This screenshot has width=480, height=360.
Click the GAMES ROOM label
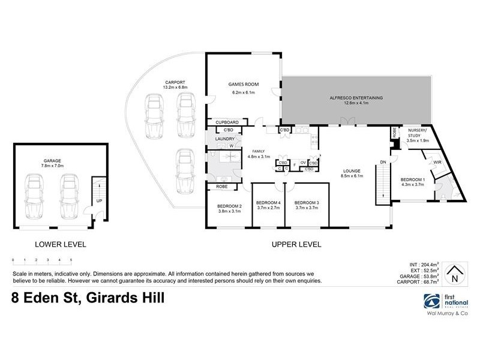[x=242, y=85]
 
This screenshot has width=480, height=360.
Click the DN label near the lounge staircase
[x=383, y=161]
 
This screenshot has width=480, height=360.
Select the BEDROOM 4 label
[x=268, y=203]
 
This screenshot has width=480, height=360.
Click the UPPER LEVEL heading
[x=296, y=244]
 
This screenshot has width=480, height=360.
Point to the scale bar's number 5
[x=71, y=260]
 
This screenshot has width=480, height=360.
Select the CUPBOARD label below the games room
[x=227, y=122]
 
